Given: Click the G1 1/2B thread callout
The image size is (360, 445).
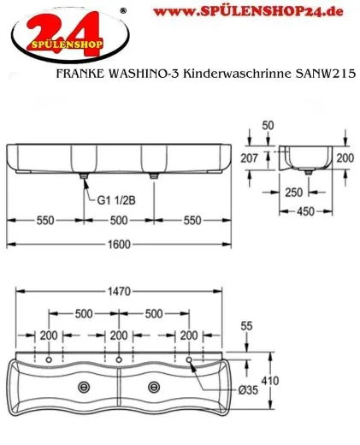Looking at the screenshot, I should tap(118, 202).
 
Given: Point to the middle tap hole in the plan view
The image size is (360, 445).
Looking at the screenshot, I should tap(120, 357).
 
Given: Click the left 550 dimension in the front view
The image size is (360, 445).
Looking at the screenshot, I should tap(44, 219).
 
